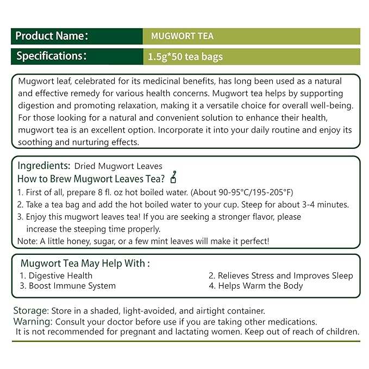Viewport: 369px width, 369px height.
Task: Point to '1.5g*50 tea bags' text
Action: click(185, 57)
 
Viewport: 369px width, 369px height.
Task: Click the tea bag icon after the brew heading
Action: click(174, 178)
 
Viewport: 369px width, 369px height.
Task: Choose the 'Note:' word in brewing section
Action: click(27, 240)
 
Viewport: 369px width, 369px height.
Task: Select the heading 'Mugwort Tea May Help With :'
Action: click(85, 264)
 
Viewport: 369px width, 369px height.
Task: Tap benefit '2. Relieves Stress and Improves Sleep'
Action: click(281, 276)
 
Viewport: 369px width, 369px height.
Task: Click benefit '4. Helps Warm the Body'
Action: click(256, 286)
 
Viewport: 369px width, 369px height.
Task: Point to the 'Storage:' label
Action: click(30, 311)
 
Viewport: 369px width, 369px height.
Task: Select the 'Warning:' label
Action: click(32, 321)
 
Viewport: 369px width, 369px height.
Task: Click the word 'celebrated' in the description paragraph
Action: click(92, 80)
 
